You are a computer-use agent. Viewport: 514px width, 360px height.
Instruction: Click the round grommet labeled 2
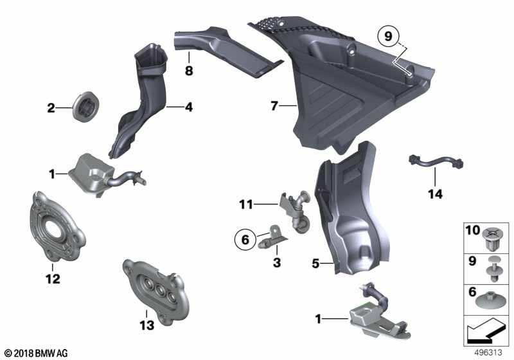coord(85,107)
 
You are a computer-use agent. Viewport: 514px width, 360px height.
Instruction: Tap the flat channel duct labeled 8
coord(226,50)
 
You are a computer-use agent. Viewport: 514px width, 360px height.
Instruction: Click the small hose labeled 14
coord(436,162)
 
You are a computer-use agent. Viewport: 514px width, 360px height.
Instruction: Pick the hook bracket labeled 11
coord(295,212)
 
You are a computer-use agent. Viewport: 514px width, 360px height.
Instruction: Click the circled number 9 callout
coord(388,36)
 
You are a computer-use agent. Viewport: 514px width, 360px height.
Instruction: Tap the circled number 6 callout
coord(245,239)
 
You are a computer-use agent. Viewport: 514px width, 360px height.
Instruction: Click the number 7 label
coord(274,105)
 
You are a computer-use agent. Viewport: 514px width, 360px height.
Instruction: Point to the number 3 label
coord(277,263)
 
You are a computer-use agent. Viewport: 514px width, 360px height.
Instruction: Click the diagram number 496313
coord(488,352)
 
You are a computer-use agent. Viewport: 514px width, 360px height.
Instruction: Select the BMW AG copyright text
coord(37,353)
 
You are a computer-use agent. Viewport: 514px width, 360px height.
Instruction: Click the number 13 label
coord(147,325)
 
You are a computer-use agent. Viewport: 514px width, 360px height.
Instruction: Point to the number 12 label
coord(53,279)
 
